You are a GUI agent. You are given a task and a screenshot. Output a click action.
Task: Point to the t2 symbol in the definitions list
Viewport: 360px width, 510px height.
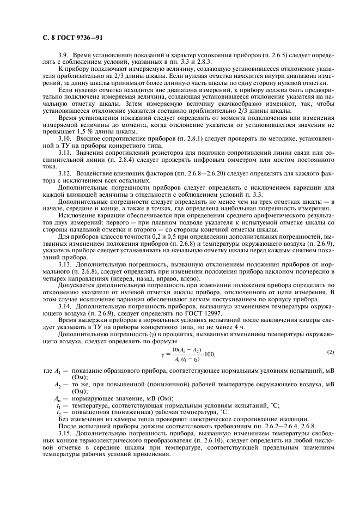click(x=58, y=412)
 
